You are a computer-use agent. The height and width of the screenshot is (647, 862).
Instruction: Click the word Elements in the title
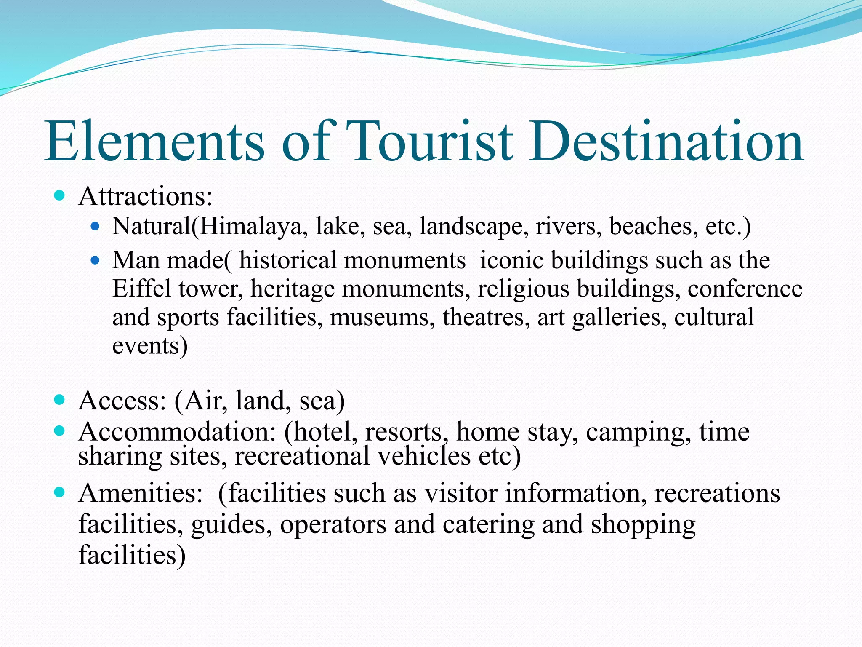(155, 141)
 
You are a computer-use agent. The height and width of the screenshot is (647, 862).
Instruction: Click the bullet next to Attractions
(60, 195)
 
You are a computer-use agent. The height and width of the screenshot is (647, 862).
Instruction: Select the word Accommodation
(177, 432)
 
